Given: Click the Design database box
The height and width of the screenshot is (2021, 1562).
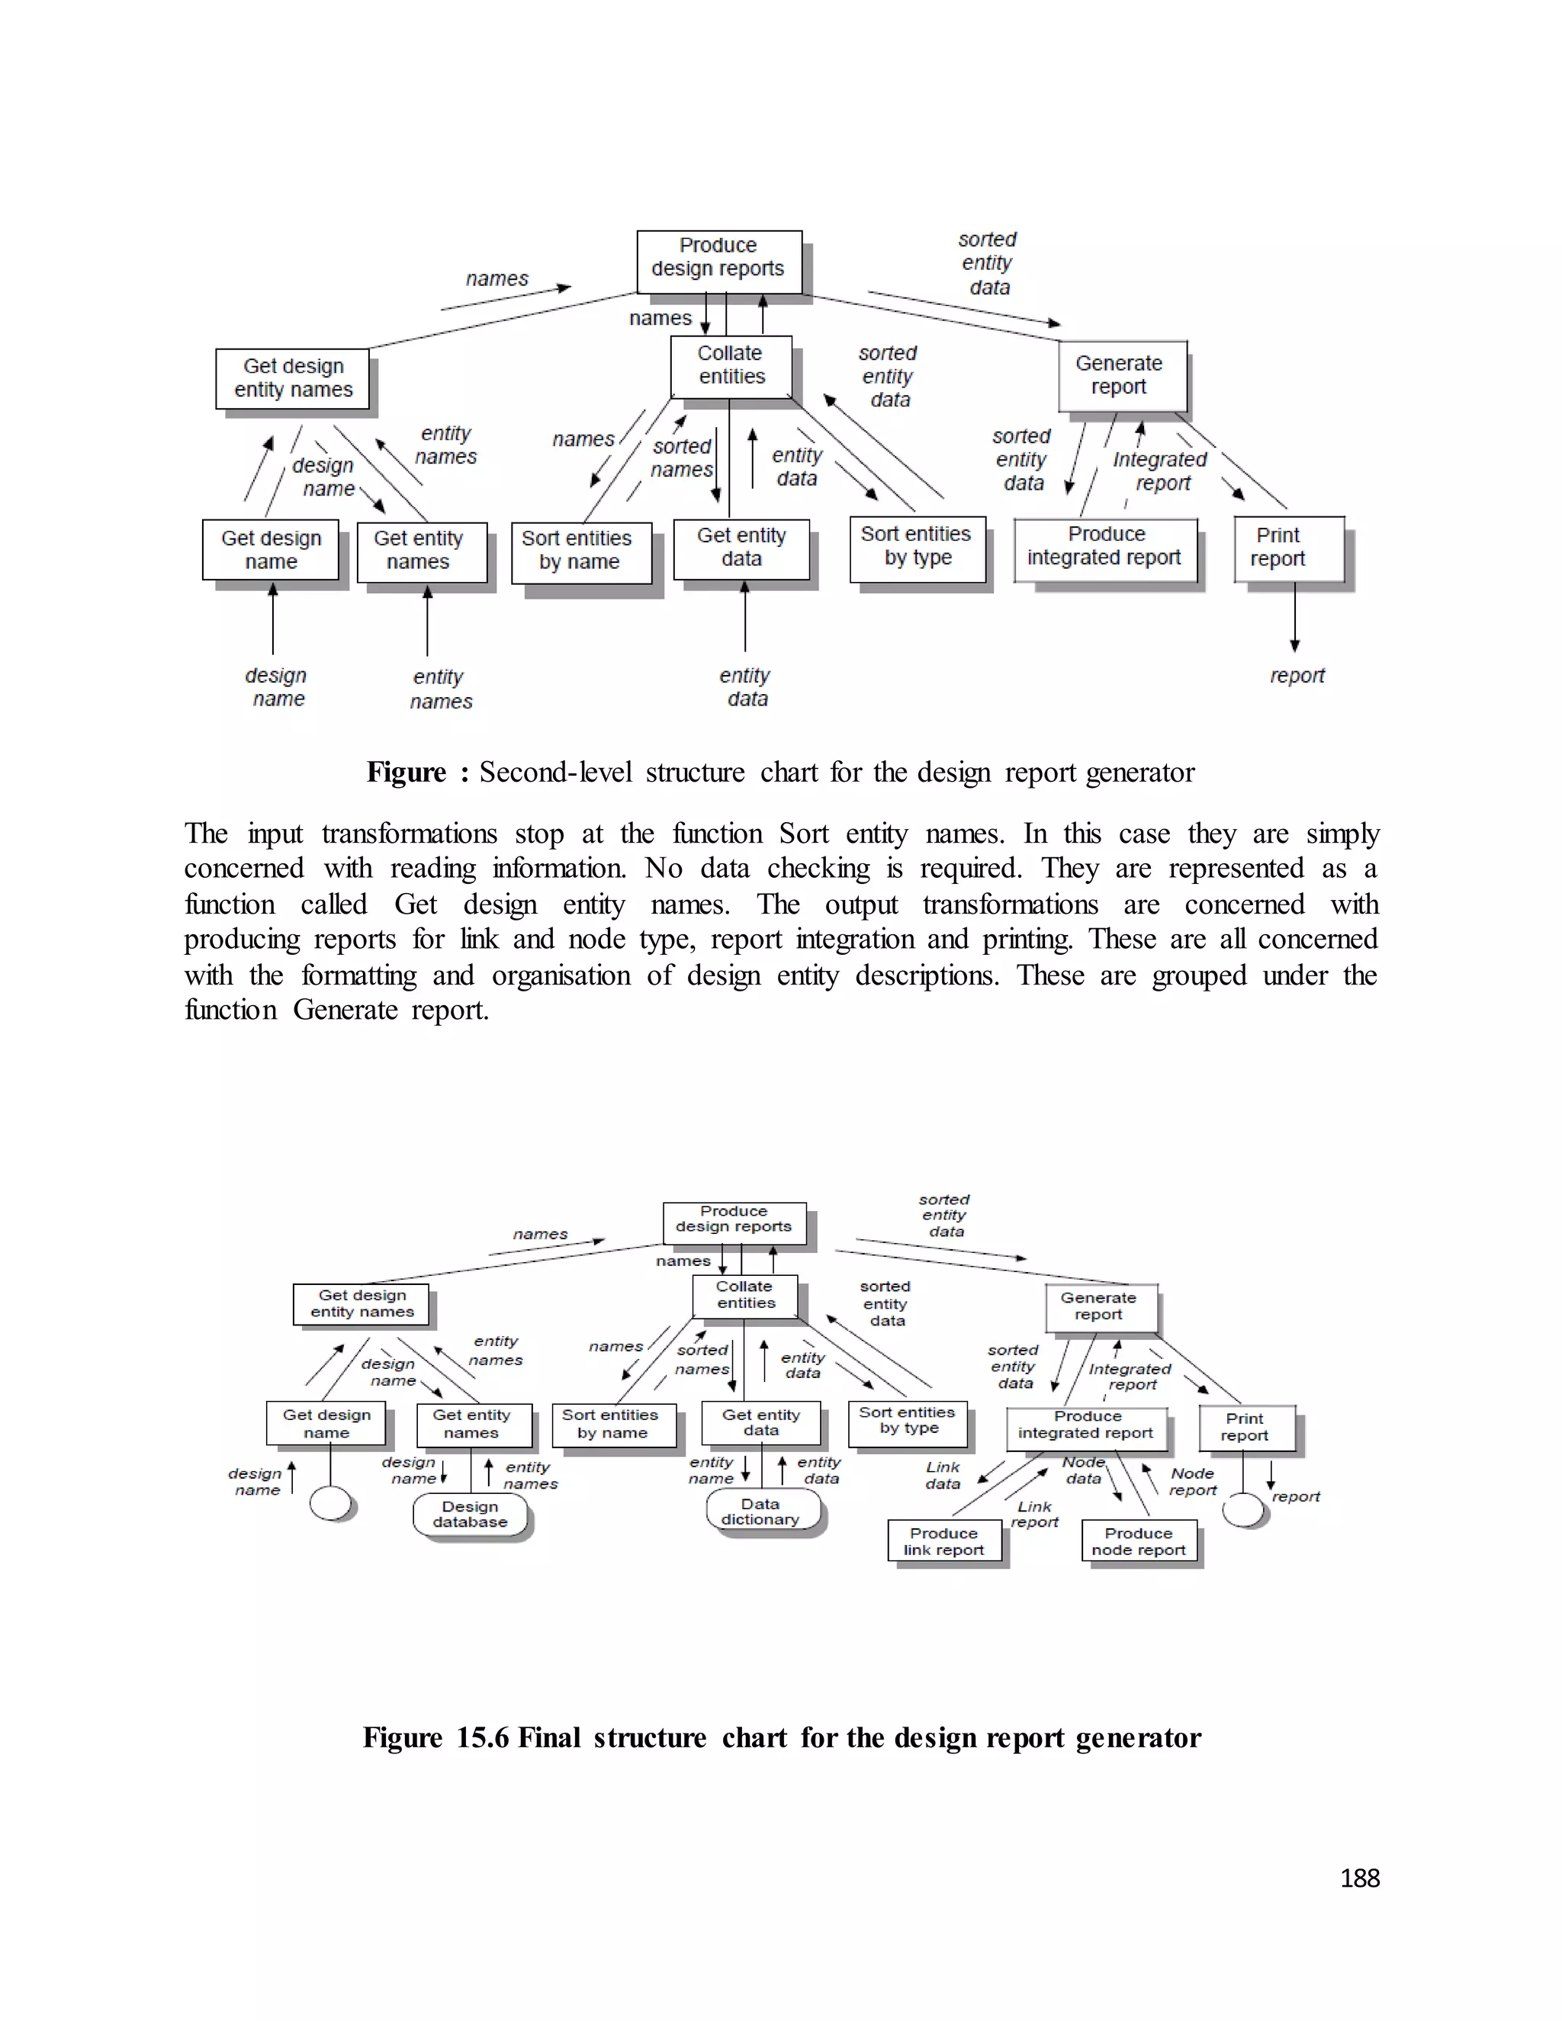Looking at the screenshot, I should point(470,1515).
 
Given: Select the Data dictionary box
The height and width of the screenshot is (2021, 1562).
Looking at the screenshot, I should point(762,1511).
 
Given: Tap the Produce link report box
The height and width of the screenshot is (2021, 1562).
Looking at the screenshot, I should point(944,1541).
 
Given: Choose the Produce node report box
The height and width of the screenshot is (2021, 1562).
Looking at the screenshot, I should point(1138,1541).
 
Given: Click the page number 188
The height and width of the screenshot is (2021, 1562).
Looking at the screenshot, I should point(1359,1878).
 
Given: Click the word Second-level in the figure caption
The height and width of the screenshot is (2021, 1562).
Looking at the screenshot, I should point(555,772).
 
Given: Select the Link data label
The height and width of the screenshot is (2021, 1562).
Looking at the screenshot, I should point(943,1475).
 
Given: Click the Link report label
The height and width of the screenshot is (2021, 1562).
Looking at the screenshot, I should point(1034,1514).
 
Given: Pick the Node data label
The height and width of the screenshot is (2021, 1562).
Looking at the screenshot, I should point(1084,1470).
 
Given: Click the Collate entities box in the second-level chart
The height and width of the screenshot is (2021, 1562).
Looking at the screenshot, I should point(731,365).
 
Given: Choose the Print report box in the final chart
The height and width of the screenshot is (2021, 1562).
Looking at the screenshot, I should point(1245,1427).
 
